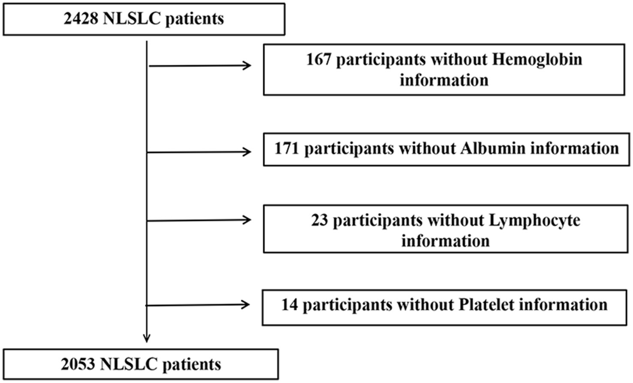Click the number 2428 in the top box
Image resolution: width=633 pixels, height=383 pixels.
[81, 19]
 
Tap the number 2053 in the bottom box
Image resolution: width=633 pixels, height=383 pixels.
[78, 364]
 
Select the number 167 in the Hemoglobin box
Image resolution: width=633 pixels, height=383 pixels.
[318, 59]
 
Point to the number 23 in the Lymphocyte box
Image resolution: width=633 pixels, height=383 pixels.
[319, 220]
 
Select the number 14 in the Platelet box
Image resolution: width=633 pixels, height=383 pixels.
[289, 305]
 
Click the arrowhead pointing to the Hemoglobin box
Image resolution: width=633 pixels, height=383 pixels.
[247, 66]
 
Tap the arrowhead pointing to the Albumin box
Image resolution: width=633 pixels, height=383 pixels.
[247, 152]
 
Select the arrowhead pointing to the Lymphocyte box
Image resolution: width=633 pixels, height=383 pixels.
[247, 220]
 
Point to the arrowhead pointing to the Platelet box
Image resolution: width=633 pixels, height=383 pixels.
[246, 305]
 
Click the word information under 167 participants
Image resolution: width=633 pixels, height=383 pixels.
[444, 80]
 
